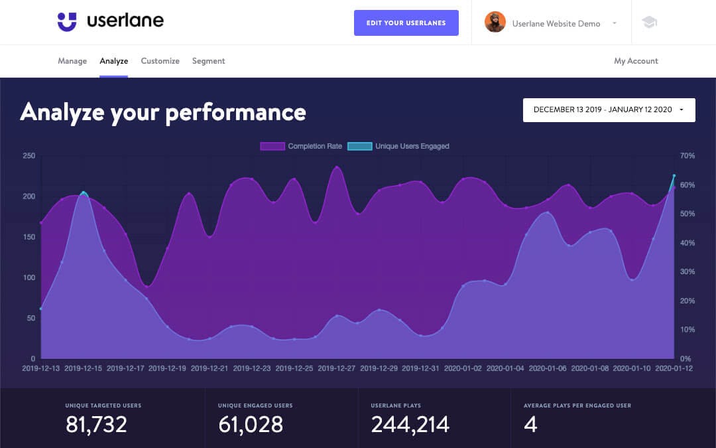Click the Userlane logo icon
pos(67,22)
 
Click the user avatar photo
pos(495,23)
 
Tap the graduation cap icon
pos(649,23)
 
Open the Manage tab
pos(72,61)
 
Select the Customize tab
pos(160,61)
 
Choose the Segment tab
pos(209,61)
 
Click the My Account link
pos(636,61)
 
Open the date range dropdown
pos(609,110)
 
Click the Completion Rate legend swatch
pos(272,146)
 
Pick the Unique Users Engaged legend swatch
pos(359,146)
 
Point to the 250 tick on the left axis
pos(29,156)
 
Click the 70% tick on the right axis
pos(687,156)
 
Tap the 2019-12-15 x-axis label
pos(83,368)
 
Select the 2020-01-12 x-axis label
pos(674,368)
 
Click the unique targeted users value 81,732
pos(96,424)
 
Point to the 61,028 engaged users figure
pos(250,424)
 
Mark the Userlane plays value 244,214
pos(410,424)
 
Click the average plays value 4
pos(530,424)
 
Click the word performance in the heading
pos(235,112)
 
